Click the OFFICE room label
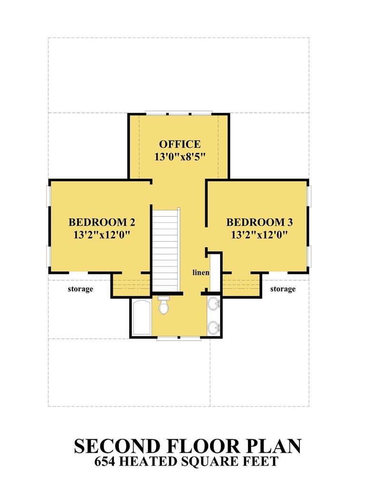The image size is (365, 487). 180,144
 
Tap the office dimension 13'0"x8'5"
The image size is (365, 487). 180,156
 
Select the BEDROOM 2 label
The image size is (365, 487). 102,222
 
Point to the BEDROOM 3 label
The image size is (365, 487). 259,222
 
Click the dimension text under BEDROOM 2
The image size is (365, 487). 101,234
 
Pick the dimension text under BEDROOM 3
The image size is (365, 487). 259,234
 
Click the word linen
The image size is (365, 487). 201,273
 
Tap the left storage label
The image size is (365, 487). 80,289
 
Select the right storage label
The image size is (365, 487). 283,289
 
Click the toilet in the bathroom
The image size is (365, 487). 163,305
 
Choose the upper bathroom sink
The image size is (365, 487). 214,303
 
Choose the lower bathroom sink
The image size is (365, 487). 214,328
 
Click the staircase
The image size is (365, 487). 166,250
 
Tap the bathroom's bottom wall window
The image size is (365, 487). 179,338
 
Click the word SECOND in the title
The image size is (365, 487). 117,446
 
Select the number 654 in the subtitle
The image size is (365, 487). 105,461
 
